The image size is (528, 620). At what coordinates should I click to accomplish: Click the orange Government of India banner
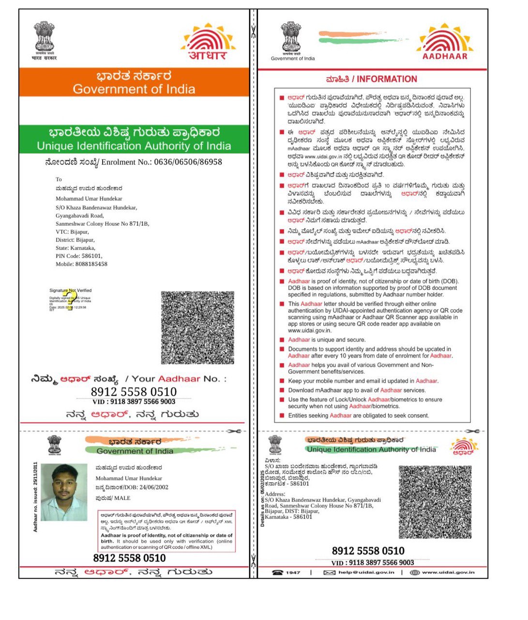click(134, 82)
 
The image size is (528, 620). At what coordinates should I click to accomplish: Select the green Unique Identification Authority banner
click(134, 139)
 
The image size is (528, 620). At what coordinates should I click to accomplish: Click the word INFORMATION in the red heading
click(387, 79)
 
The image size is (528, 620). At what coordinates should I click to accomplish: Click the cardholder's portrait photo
click(64, 492)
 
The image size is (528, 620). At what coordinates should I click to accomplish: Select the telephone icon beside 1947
click(277, 573)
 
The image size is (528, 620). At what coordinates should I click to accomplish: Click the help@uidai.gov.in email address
click(366, 573)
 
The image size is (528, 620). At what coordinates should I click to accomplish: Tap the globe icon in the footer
click(414, 573)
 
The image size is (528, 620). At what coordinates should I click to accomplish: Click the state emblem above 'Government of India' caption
click(291, 37)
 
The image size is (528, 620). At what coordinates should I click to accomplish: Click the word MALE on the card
click(122, 498)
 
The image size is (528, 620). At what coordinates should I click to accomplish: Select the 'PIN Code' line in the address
click(79, 256)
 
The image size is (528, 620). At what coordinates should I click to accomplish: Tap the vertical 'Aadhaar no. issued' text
click(35, 497)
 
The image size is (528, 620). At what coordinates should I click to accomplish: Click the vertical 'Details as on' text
click(263, 499)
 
